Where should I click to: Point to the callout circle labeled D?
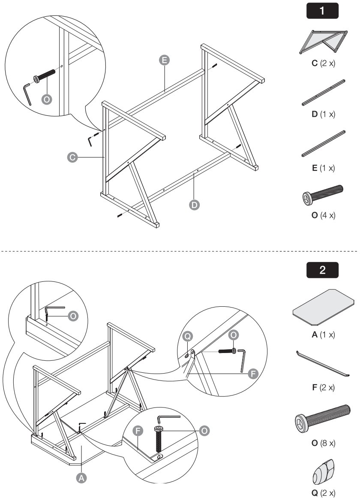tap(195, 205)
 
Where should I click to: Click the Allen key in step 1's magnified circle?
tap(27, 94)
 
